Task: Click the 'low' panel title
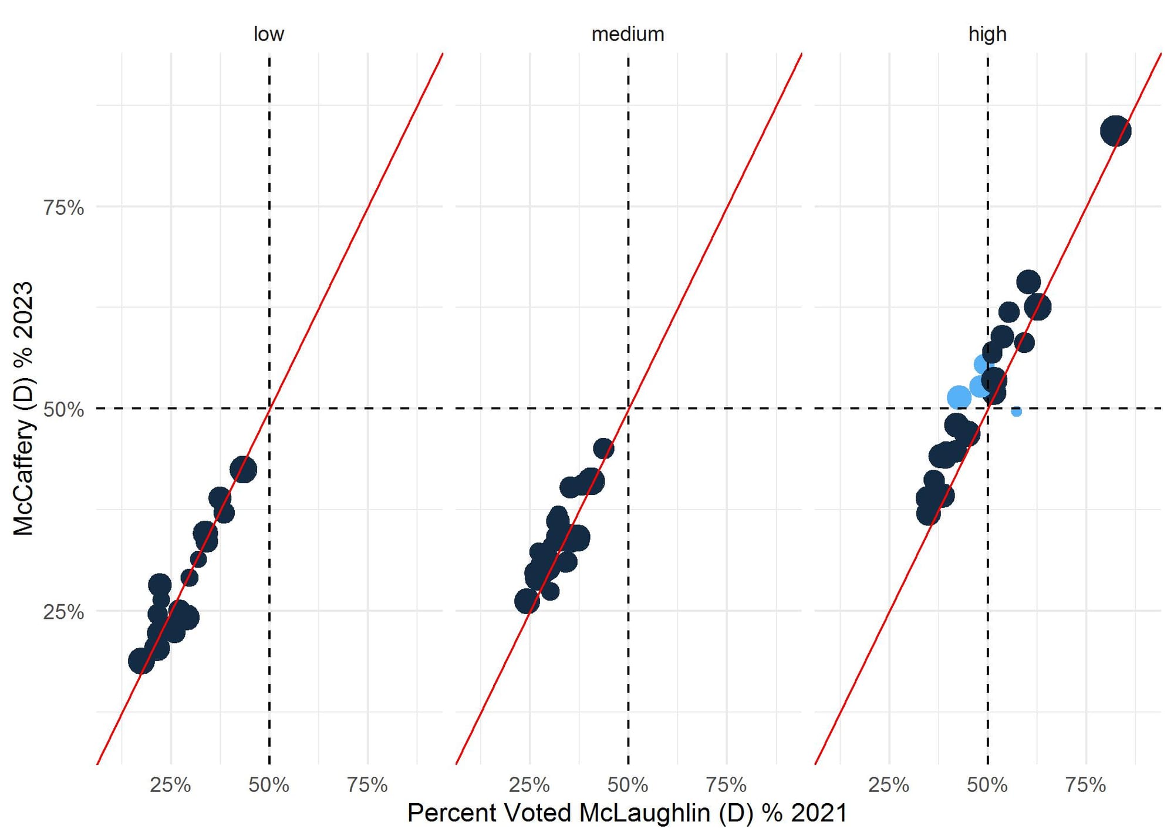(268, 34)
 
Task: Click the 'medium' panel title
(628, 34)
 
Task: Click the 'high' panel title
(987, 34)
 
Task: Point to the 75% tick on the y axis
(63, 207)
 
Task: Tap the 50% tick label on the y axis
(63, 409)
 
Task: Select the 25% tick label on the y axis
(63, 612)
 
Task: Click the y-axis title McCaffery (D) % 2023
(23, 409)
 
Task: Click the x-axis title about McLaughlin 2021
(628, 814)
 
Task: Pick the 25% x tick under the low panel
(170, 785)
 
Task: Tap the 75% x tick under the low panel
(367, 785)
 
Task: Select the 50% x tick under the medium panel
(628, 785)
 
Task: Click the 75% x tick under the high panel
(1085, 785)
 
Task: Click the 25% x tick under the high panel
(889, 785)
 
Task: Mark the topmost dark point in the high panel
(1115, 131)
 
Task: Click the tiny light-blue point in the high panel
(1016, 412)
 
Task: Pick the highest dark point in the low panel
(243, 470)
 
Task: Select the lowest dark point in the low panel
(141, 661)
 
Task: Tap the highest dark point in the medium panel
(603, 449)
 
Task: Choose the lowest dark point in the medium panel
(527, 601)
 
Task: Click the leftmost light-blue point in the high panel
(959, 397)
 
